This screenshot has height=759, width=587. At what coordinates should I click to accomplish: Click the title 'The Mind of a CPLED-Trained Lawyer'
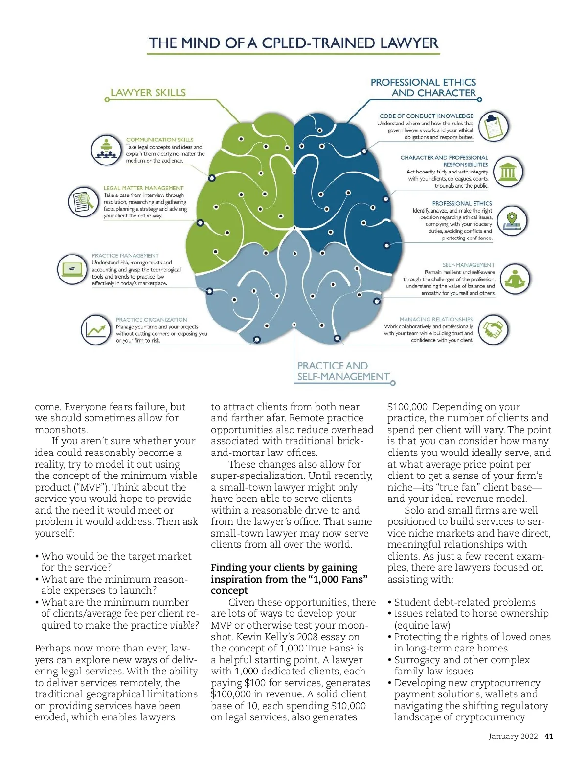tap(293, 43)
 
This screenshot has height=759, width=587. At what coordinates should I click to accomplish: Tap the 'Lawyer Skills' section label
tap(148, 93)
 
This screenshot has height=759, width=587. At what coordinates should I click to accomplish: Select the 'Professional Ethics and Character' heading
tap(423, 87)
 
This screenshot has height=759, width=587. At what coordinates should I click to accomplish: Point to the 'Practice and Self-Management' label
tap(343, 371)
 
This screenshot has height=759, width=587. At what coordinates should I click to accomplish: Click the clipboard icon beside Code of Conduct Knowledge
tap(493, 126)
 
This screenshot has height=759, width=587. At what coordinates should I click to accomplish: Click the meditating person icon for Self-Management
tap(515, 279)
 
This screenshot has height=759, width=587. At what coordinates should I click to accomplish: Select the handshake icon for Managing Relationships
tap(493, 329)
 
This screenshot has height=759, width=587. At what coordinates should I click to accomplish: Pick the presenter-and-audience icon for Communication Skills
tap(106, 150)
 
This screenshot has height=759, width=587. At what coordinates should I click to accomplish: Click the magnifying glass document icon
tap(83, 201)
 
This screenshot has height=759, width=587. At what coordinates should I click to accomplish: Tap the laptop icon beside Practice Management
tap(72, 268)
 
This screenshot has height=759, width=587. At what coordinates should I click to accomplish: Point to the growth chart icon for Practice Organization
tap(96, 330)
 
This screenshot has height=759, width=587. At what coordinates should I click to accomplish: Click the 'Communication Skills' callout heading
tap(159, 140)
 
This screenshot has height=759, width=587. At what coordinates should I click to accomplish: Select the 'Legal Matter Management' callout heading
tap(143, 188)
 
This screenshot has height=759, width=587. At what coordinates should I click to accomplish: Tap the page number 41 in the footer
tap(549, 737)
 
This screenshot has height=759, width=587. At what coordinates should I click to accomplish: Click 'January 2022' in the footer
tap(513, 737)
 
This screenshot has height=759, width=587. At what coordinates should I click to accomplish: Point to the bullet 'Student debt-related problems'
tap(465, 602)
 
